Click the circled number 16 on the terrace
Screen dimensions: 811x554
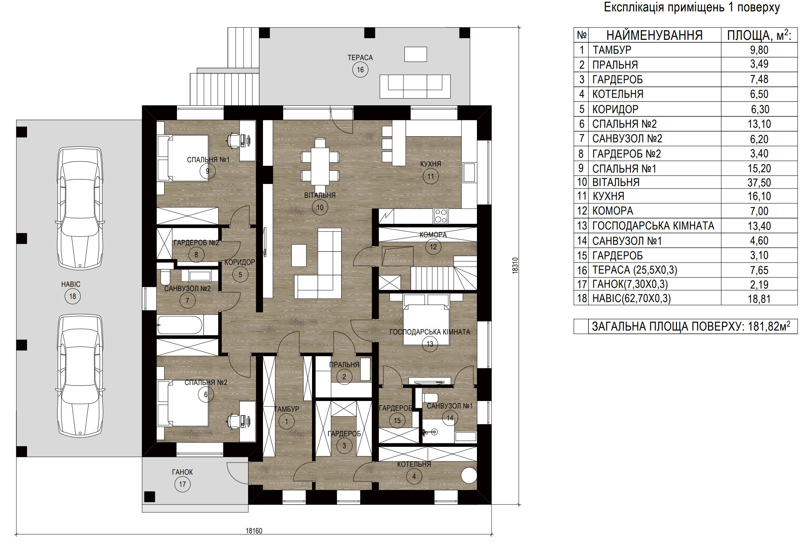[360, 69]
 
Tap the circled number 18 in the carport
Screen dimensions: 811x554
[72, 296]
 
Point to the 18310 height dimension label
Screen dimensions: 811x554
[515, 265]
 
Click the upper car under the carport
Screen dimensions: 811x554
[80, 208]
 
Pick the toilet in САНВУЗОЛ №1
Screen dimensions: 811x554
[430, 397]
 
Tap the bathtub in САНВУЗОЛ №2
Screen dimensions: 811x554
[180, 325]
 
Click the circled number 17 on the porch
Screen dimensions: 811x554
[182, 484]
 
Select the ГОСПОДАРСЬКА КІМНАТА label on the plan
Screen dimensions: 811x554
[430, 332]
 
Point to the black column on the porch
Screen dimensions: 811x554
[150, 497]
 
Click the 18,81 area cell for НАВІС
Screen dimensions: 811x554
[759, 299]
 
